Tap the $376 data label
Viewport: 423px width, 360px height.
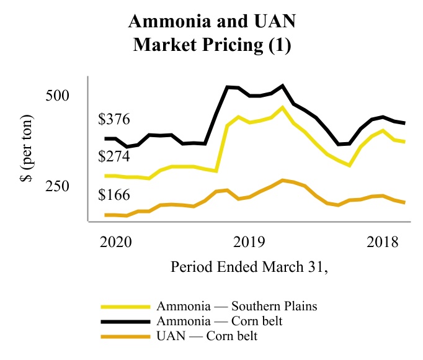114,120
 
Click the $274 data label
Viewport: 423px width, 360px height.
114,156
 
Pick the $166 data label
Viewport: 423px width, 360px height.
114,195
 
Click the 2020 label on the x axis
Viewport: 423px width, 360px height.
117,241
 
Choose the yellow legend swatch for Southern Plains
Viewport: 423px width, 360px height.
127,307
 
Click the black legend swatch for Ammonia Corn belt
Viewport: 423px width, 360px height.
127,322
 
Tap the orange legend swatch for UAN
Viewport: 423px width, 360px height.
127,336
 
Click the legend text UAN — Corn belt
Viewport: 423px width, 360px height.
207,336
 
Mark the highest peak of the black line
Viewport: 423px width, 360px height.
282,86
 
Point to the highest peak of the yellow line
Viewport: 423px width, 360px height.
282,107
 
